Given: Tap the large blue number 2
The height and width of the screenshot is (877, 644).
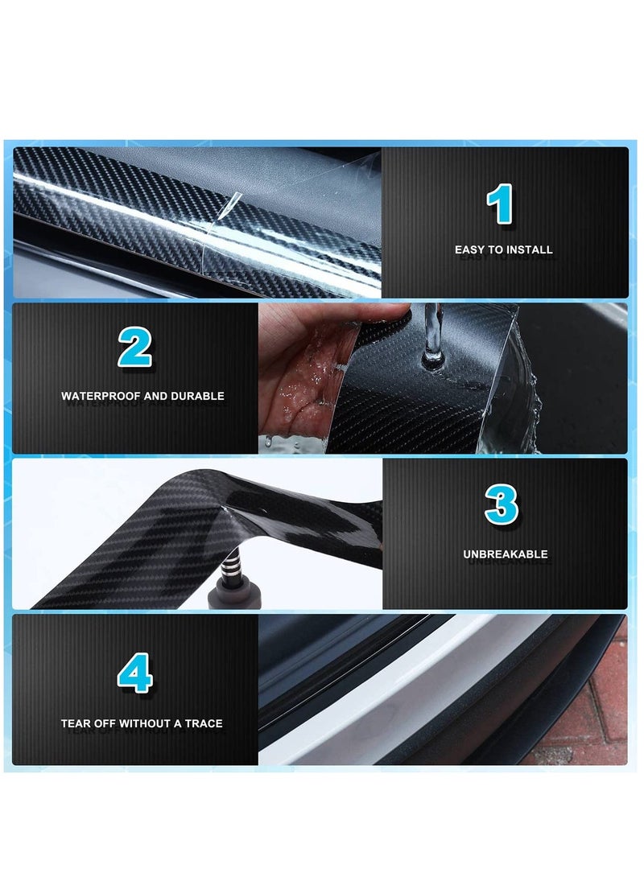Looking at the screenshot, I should pos(134,348).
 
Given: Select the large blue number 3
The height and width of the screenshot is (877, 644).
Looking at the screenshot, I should pos(502,505).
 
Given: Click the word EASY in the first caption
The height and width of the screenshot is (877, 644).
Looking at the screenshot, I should pos(470,250).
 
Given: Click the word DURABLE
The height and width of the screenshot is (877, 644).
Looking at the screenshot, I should pos(199,396).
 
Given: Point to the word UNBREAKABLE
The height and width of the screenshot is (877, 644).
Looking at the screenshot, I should pos(505,554).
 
